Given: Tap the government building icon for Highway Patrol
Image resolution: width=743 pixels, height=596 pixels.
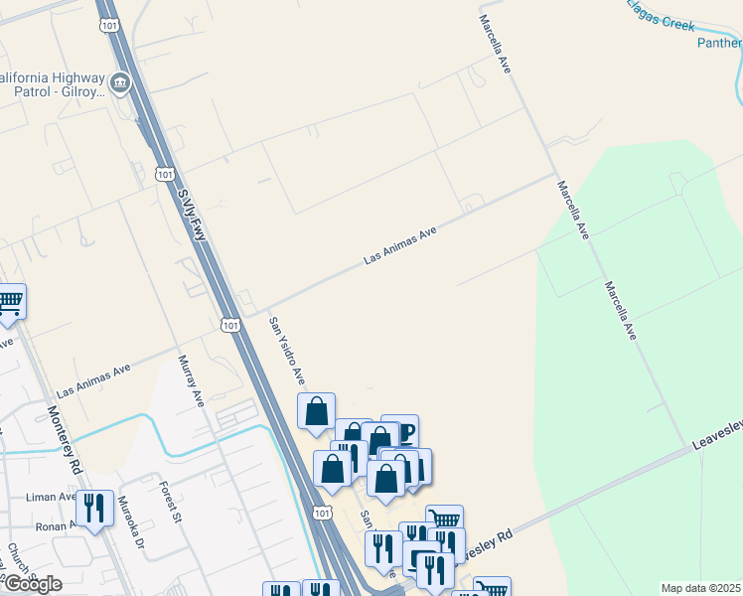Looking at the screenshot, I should click(x=121, y=81).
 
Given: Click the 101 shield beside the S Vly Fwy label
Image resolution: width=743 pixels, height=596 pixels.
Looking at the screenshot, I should click(x=165, y=174).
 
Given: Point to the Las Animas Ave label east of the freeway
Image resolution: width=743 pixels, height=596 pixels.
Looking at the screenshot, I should click(x=400, y=244).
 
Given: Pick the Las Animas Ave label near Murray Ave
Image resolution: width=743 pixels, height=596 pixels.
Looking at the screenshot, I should click(x=93, y=379).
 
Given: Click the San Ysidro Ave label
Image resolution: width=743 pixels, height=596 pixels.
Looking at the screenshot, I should click(x=286, y=351).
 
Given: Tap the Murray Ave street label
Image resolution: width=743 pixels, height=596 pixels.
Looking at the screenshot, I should click(x=190, y=380).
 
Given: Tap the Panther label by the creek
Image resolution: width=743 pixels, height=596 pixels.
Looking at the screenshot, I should click(x=719, y=43).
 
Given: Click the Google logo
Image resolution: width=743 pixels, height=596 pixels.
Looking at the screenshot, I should click(x=33, y=584).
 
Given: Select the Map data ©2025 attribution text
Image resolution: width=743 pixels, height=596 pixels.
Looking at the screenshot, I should click(x=700, y=588).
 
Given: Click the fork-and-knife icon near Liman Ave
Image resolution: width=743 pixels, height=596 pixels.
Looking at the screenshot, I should click(x=94, y=509).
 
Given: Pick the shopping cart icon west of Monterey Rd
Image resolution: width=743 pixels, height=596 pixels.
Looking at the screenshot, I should click(x=10, y=301).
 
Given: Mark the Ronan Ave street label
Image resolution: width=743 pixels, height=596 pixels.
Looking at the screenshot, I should click(x=55, y=526).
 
